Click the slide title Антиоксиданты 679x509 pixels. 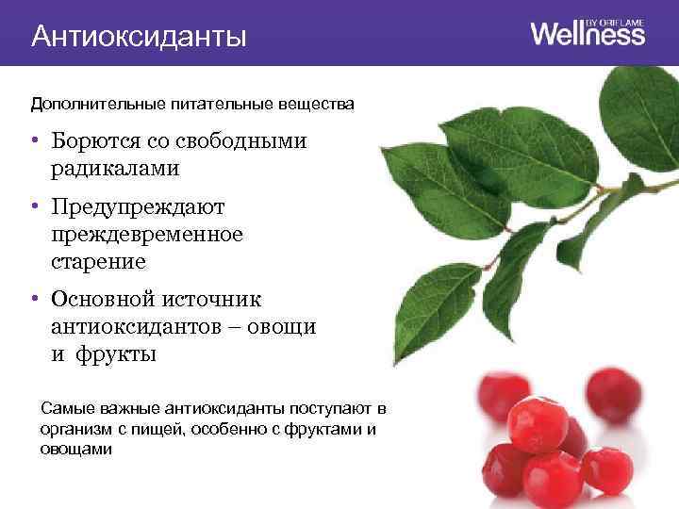tap(139, 37)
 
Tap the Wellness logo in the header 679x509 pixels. tap(588, 35)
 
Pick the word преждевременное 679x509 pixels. tap(147, 233)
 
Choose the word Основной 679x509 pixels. tap(104, 299)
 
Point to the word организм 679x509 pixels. tap(74, 429)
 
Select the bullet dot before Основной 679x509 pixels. tap(33, 299)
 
